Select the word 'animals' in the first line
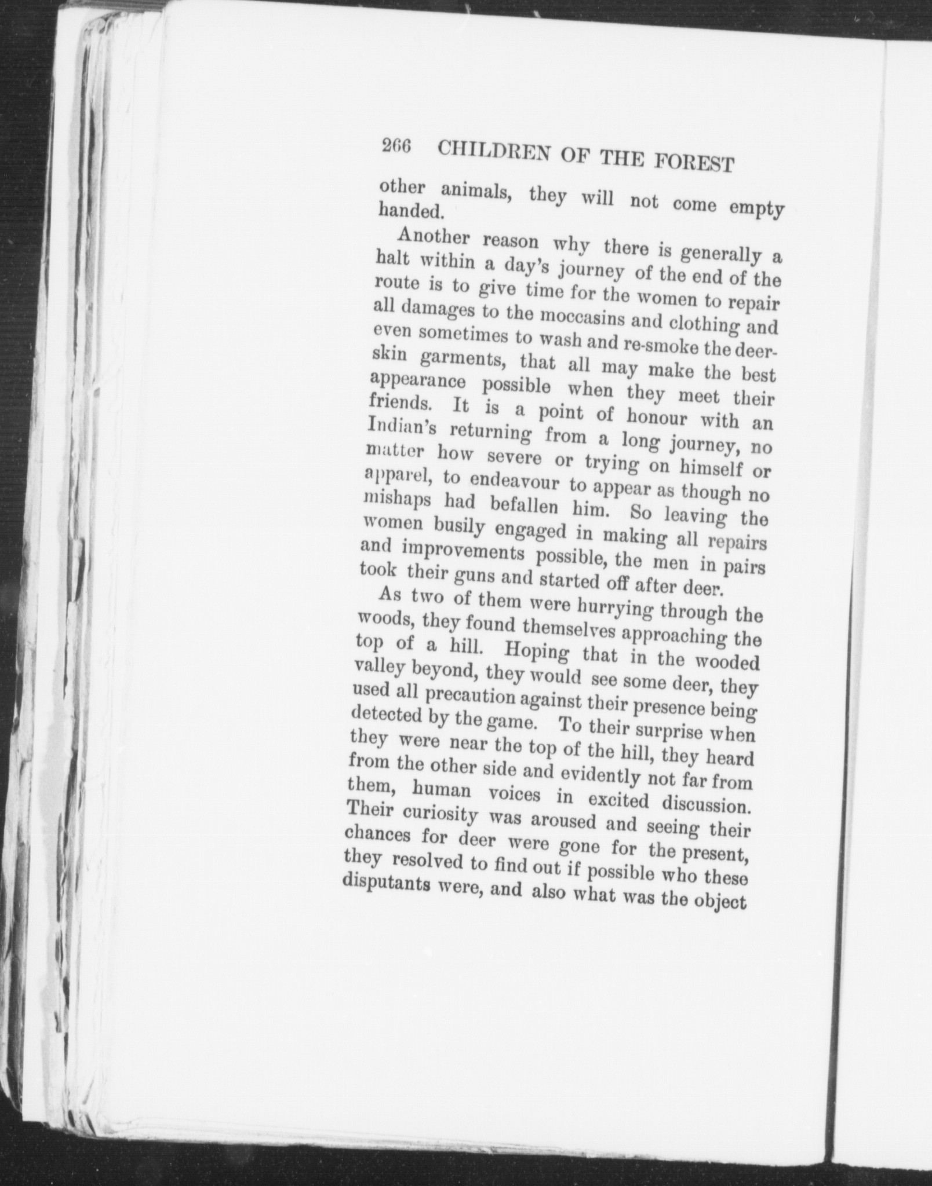coord(476,193)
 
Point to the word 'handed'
coord(410,211)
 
